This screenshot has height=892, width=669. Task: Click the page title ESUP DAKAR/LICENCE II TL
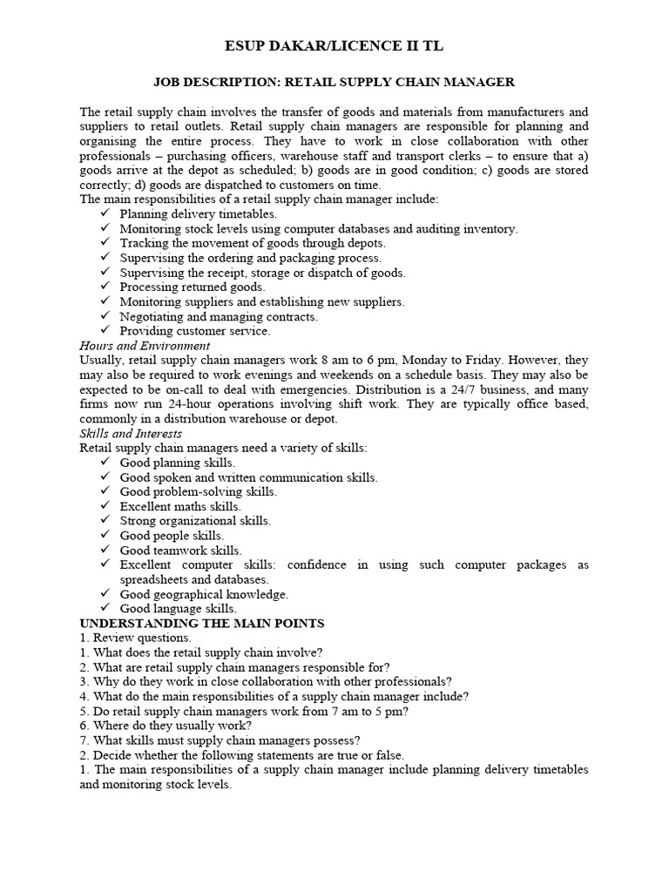pyautogui.click(x=334, y=45)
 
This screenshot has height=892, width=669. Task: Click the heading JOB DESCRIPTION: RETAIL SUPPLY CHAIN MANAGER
pyautogui.click(x=334, y=82)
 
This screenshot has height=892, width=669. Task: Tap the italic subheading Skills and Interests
pyautogui.click(x=131, y=433)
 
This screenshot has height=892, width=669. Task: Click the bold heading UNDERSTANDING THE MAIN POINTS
pyautogui.click(x=202, y=624)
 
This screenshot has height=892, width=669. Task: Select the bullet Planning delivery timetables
pyautogui.click(x=199, y=213)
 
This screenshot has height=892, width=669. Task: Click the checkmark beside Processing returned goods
pyautogui.click(x=105, y=287)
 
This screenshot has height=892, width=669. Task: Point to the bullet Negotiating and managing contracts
pyautogui.click(x=219, y=316)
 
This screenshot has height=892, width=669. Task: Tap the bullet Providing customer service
pyautogui.click(x=195, y=331)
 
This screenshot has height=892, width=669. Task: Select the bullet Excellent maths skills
pyautogui.click(x=180, y=506)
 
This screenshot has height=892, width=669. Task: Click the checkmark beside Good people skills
pyautogui.click(x=105, y=536)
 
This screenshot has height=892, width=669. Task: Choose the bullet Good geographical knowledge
pyautogui.click(x=204, y=594)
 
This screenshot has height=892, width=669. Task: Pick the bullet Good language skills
pyautogui.click(x=179, y=609)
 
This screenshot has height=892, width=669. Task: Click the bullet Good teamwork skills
pyautogui.click(x=180, y=551)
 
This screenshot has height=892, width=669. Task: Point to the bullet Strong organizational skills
pyautogui.click(x=195, y=521)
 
